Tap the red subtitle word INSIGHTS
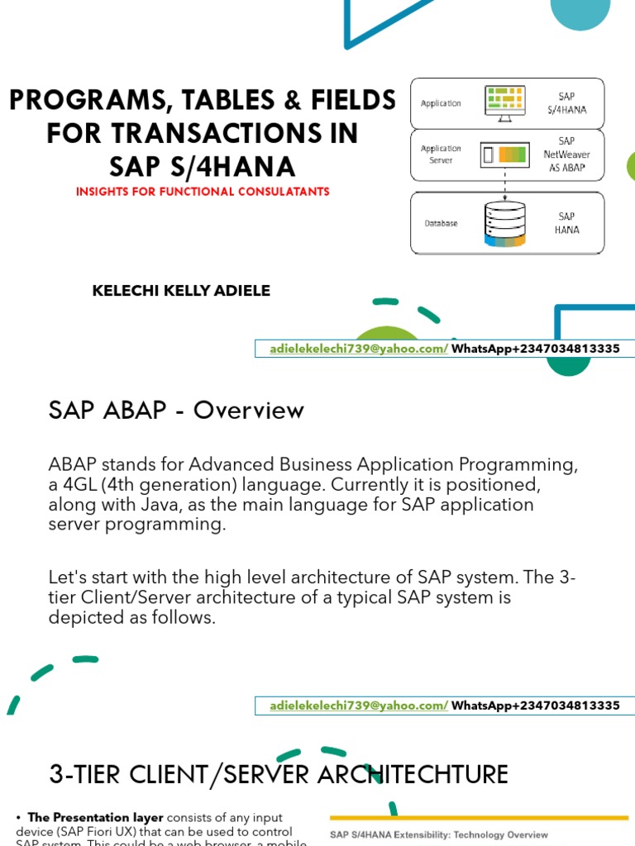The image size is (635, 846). [x=104, y=192]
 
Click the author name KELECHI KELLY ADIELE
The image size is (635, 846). [x=181, y=291]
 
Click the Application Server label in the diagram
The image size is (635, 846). [x=441, y=154]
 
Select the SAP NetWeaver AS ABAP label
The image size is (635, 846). [x=566, y=154]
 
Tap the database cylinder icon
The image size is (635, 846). [x=504, y=222]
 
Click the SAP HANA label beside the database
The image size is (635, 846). [x=566, y=223]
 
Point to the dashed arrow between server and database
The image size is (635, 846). [x=504, y=180]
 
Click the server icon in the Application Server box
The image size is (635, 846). [x=504, y=154]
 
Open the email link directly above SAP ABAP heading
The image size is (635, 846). [x=358, y=349]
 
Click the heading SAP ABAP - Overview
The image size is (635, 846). [x=177, y=411]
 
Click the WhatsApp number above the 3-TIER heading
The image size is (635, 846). [x=536, y=706]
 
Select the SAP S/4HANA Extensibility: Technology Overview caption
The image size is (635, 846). [x=439, y=835]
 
